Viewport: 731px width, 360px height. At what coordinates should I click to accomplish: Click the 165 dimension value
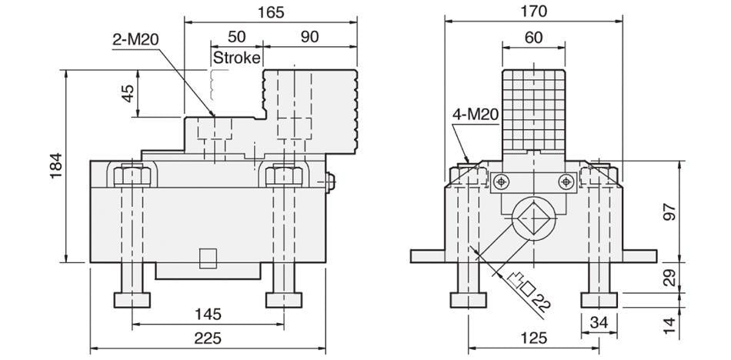(272, 12)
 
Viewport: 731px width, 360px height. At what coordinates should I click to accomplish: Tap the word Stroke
(237, 58)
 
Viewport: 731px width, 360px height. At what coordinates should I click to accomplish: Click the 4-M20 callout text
(475, 115)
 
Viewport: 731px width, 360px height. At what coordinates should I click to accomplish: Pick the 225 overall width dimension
(208, 338)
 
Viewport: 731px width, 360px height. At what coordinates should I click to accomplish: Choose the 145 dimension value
(208, 314)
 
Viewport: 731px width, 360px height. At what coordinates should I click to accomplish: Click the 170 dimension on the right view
(533, 12)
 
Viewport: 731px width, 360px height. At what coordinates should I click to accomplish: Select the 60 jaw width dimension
(533, 36)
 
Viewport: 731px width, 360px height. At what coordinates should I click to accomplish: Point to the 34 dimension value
(598, 321)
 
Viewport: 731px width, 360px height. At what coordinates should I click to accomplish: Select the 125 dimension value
(533, 338)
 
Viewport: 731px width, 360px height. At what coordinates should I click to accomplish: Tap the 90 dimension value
(311, 36)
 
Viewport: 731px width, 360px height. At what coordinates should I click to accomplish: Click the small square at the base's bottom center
(208, 258)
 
